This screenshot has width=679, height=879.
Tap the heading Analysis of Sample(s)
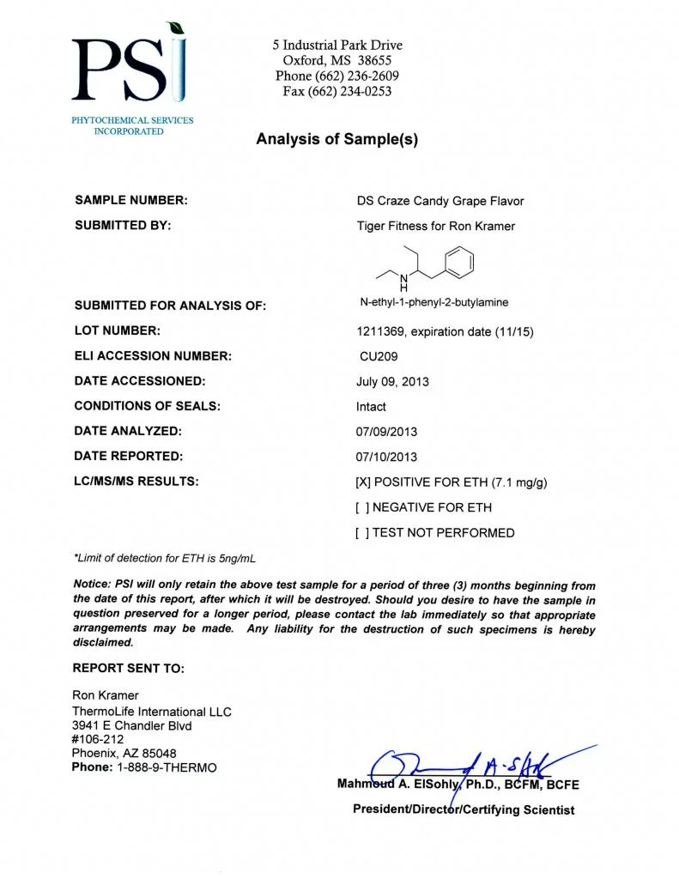click(336, 139)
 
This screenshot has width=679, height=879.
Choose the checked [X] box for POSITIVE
click(362, 482)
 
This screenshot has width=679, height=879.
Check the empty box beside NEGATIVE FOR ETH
click(362, 507)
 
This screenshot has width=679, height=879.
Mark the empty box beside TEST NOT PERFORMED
click(362, 533)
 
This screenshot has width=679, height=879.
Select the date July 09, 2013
click(392, 381)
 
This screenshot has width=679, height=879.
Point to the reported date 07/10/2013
click(386, 458)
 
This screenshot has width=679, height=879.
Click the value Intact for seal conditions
click(371, 407)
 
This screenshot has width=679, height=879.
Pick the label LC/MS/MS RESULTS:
click(136, 482)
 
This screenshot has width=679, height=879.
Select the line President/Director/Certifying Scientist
click(464, 809)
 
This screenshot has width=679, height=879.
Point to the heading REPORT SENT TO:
click(129, 669)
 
